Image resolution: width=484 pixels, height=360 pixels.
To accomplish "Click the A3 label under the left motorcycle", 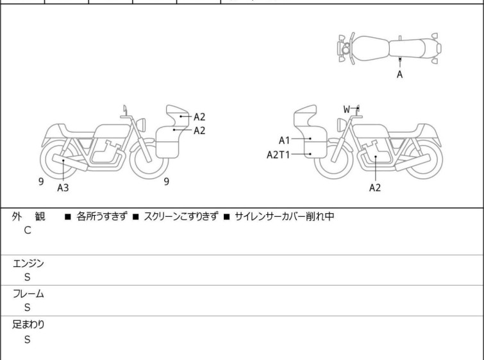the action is coord(63,188).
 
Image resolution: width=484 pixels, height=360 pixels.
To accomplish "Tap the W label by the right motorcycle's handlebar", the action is coord(347,109).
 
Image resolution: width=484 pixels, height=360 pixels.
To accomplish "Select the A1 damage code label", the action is coord(285,140).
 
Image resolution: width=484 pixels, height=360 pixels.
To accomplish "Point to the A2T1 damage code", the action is coord(279,154).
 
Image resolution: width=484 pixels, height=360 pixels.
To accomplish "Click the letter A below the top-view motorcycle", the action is coord(400,74).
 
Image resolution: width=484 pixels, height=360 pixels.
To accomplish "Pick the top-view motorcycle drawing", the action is coord(390,48).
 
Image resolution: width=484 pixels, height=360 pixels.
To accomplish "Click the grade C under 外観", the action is coord(28,230).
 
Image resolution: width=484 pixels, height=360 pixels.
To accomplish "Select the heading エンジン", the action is coord(29,263).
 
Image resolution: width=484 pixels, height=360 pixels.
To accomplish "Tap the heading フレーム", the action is coord(29,294).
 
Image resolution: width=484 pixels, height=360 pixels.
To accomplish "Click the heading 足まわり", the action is coord(29,324).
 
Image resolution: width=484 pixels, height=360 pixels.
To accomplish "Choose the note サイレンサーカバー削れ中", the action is coord(285,216).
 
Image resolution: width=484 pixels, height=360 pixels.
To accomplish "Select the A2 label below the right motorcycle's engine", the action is coord(375,188).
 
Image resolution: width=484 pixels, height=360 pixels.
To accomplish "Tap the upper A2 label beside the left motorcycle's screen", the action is coord(199,117).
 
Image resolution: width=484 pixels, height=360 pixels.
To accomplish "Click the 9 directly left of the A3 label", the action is coord(41,182).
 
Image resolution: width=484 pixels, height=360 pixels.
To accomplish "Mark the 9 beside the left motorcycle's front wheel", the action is coord(166,182).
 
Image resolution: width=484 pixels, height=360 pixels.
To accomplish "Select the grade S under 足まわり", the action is coord(28,339).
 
